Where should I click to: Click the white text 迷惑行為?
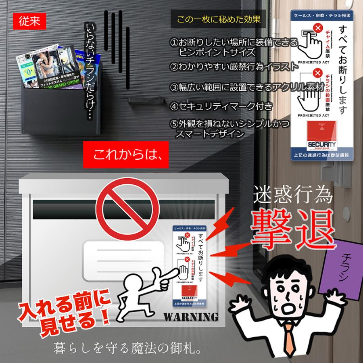pos(292,196)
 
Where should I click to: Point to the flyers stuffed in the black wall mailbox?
pos(46,69)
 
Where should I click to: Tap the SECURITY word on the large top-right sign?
pos(322,144)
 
